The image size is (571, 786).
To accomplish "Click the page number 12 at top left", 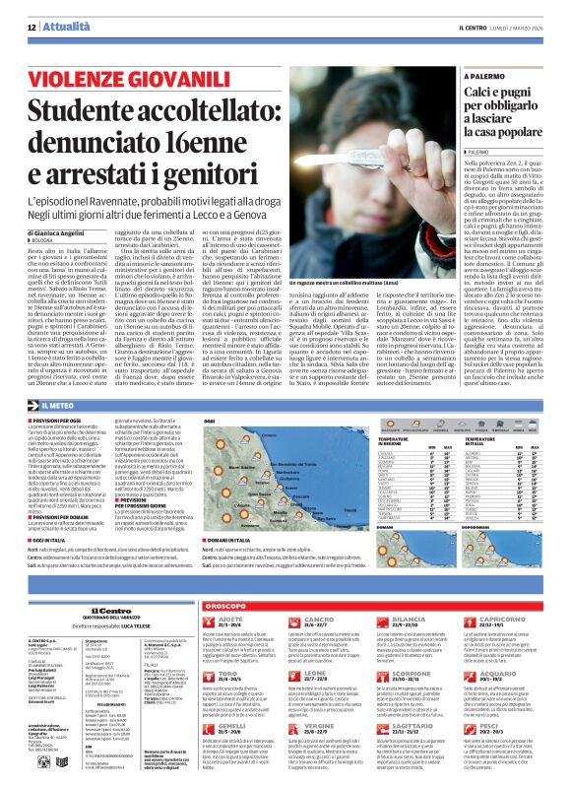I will pyautogui.click(x=32, y=27).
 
